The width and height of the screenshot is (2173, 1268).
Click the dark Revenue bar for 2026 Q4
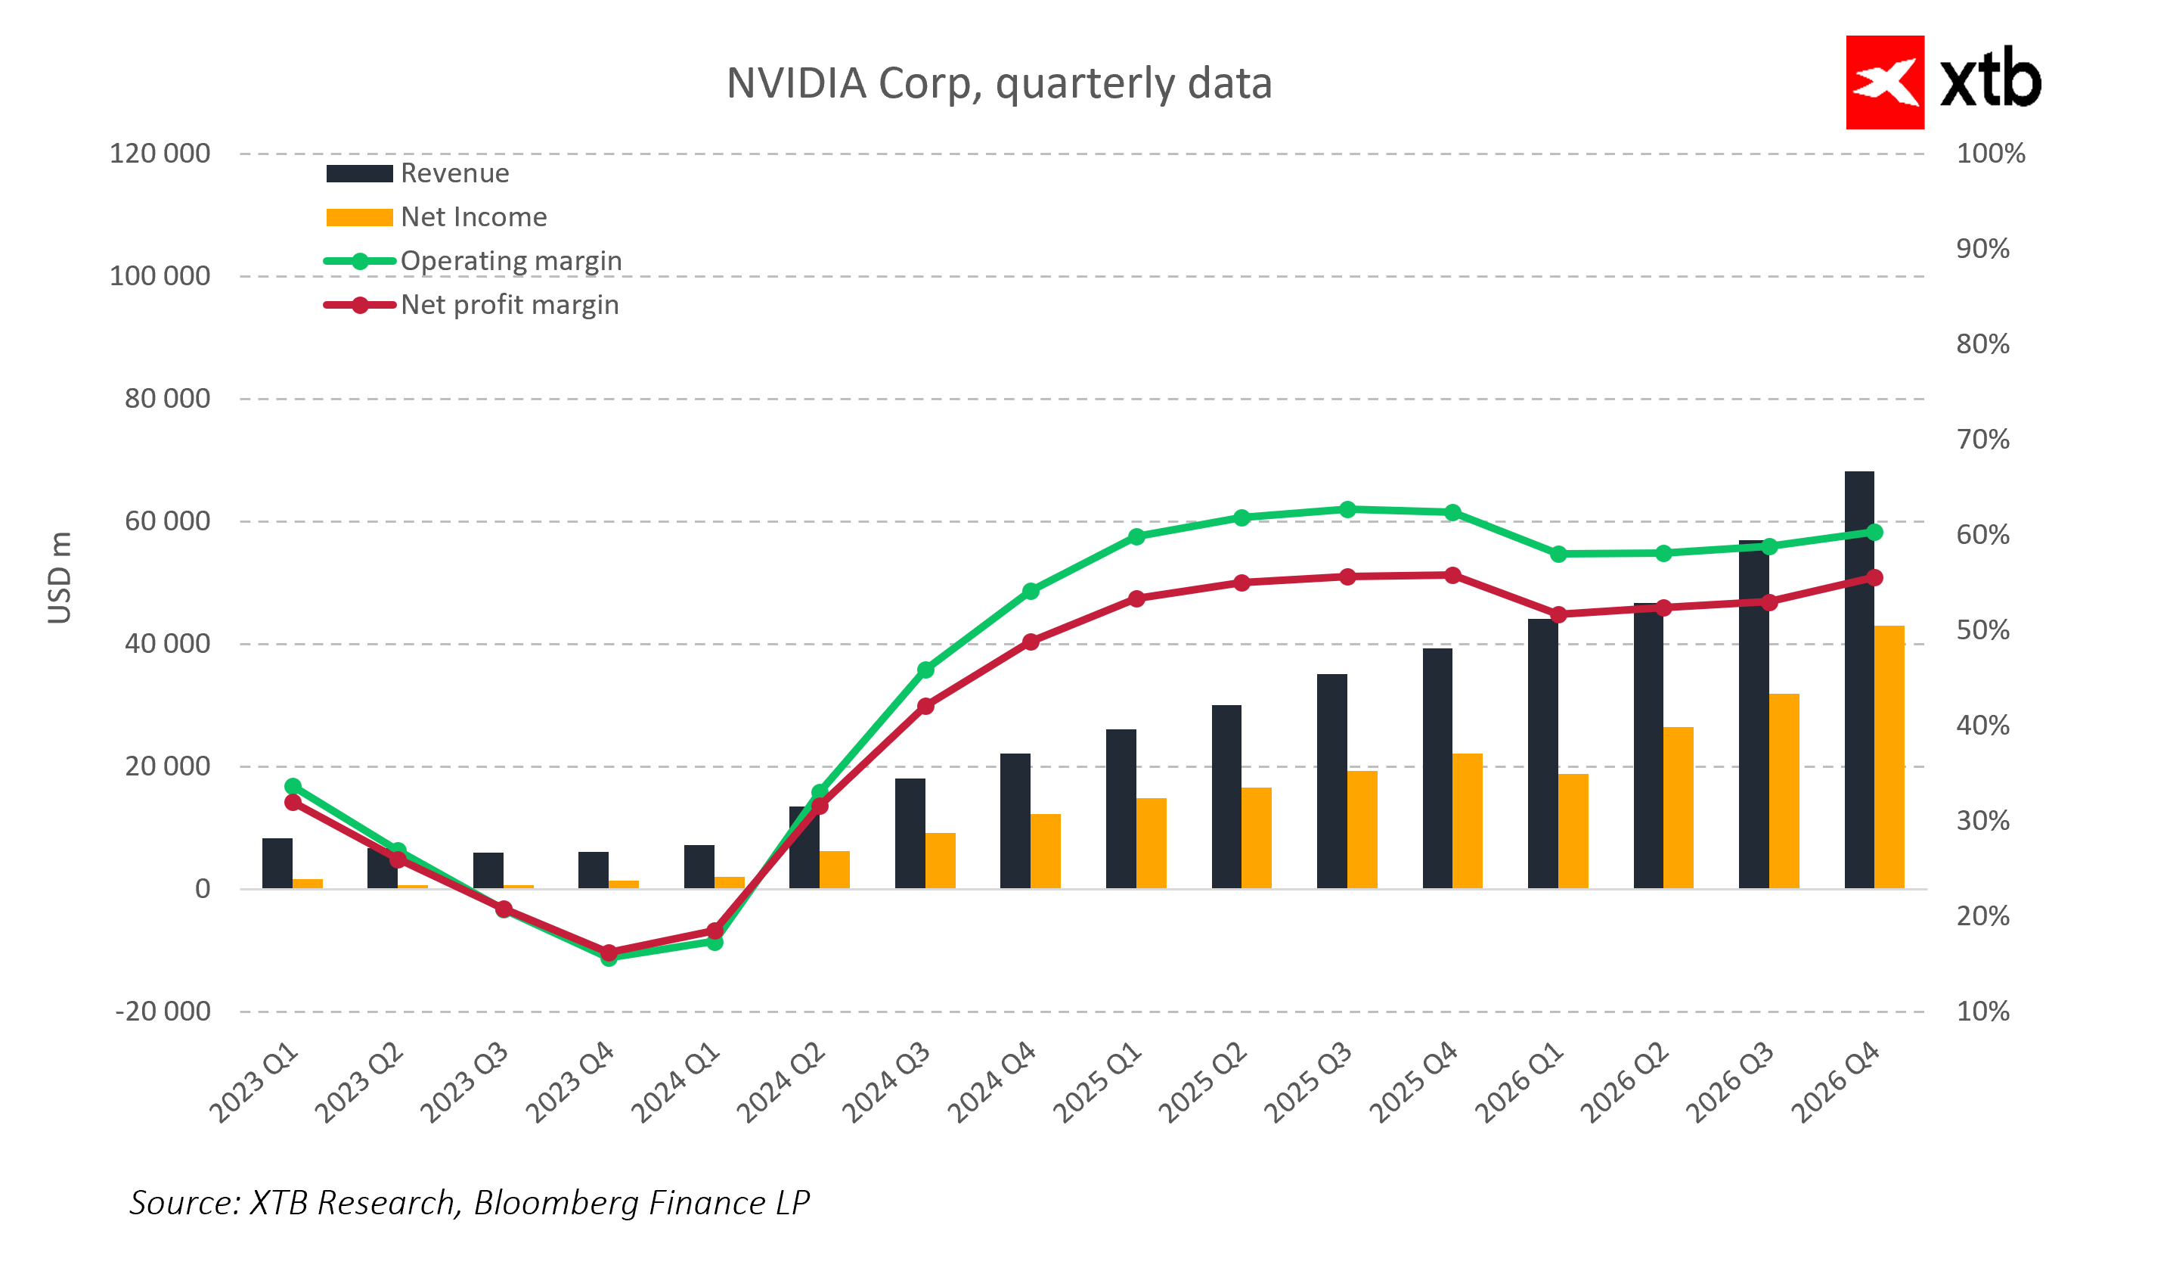tap(1858, 682)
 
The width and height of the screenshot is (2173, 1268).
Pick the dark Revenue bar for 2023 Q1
tap(277, 863)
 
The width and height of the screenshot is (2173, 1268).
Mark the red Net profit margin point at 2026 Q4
tap(1874, 578)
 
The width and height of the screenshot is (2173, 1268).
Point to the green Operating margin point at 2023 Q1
tap(293, 787)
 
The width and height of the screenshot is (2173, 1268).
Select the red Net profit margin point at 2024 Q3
tap(925, 707)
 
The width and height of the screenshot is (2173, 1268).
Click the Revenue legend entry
tap(454, 173)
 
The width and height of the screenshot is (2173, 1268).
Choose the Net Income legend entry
tap(473, 217)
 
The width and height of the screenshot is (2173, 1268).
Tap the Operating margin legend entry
tap(510, 261)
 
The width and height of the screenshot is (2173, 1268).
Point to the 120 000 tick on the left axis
tap(160, 154)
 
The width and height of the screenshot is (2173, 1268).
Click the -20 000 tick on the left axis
tap(163, 1012)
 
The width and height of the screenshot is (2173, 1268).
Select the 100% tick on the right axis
tap(1990, 154)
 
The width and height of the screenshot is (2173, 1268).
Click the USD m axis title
tap(60, 578)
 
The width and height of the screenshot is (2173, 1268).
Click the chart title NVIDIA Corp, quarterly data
tap(999, 84)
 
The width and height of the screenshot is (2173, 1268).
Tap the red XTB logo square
tap(1884, 82)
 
